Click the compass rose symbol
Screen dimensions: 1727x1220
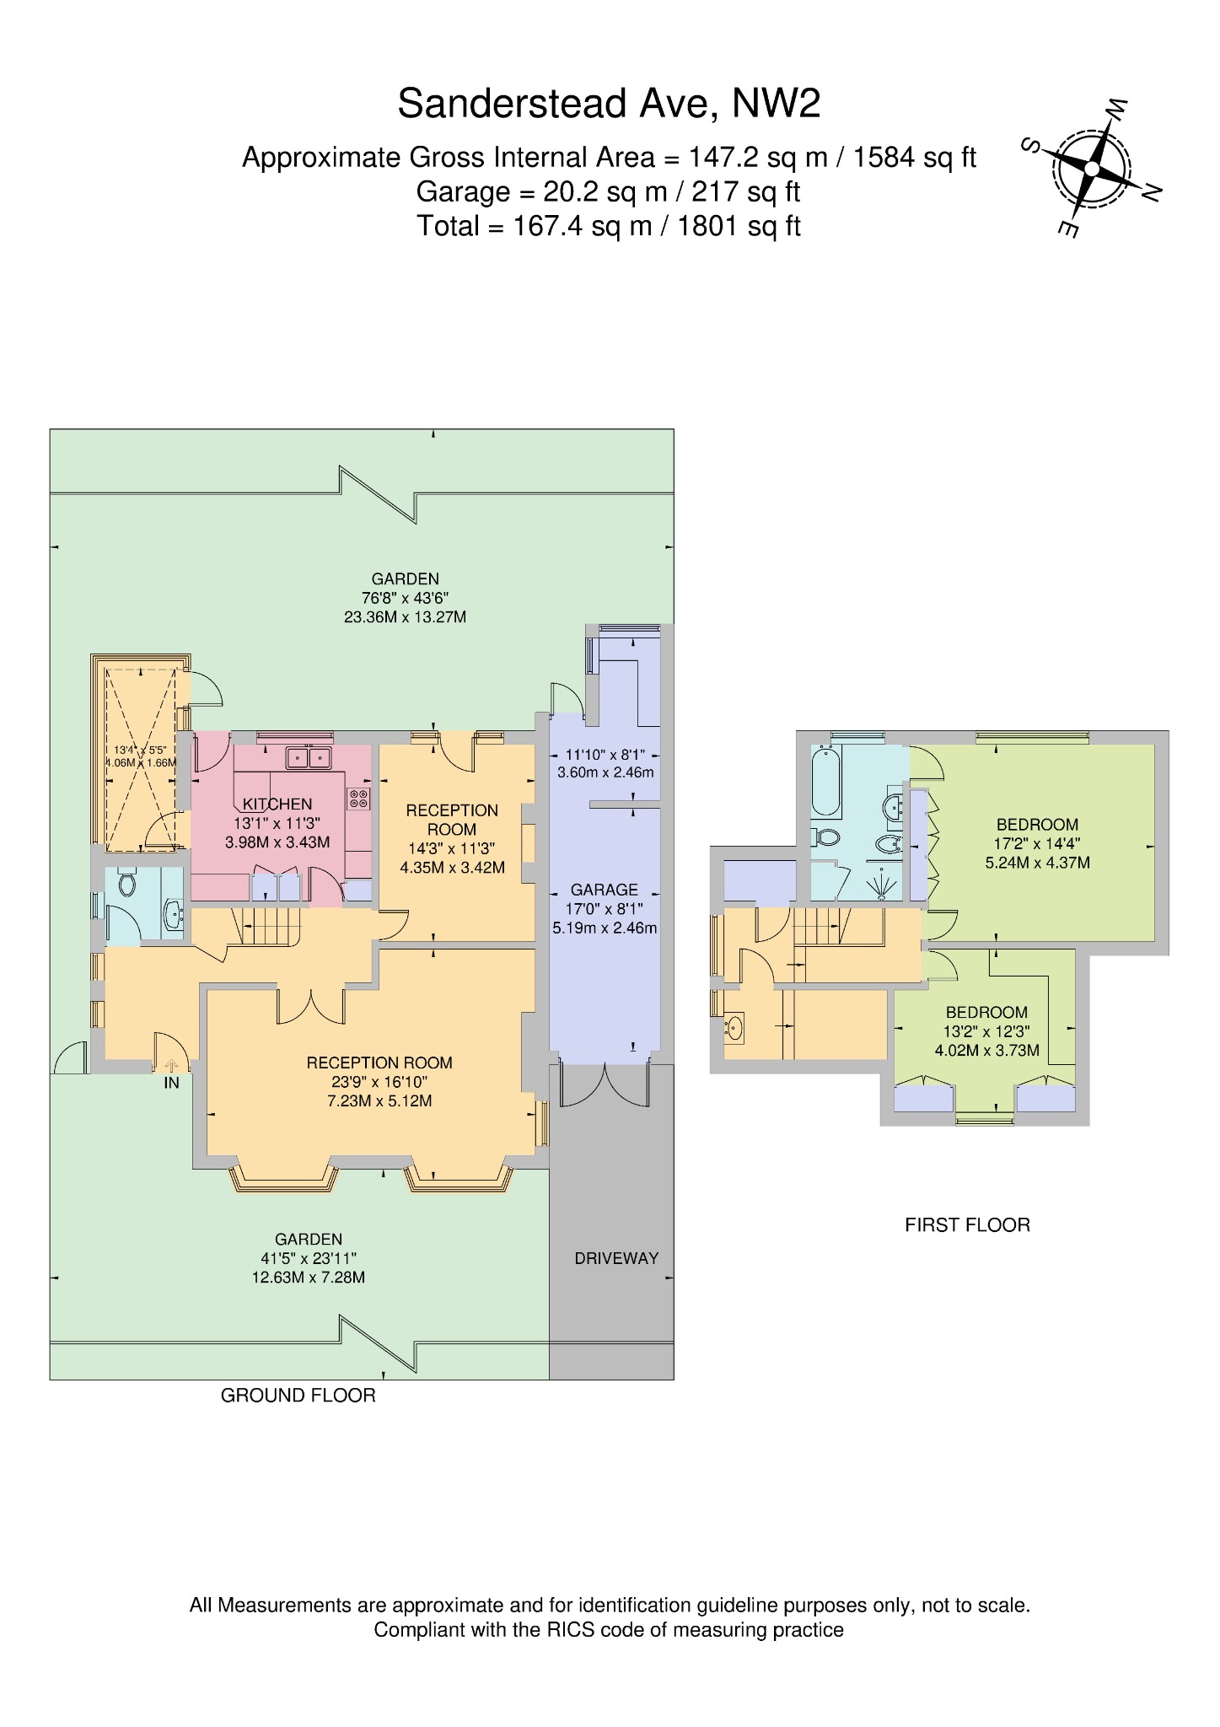[x=1091, y=169]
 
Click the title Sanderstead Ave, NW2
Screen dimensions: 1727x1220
[x=609, y=104]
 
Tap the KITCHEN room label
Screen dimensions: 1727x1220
[x=277, y=804]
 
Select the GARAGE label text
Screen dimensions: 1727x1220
[x=604, y=890]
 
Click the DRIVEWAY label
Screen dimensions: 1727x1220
[x=615, y=1258]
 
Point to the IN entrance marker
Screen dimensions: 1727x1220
[x=171, y=1084]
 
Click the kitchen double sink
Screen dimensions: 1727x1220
[x=309, y=758]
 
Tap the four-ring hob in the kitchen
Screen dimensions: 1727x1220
[x=359, y=799]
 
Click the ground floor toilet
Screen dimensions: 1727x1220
[x=127, y=884]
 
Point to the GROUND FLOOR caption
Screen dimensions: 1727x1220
[x=298, y=1396]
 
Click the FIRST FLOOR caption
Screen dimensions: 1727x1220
[x=967, y=1225]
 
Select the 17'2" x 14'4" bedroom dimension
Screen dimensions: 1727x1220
[x=1037, y=843]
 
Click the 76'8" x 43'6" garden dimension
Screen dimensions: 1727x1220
[x=405, y=598]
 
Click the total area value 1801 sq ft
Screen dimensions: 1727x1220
[x=747, y=227]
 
